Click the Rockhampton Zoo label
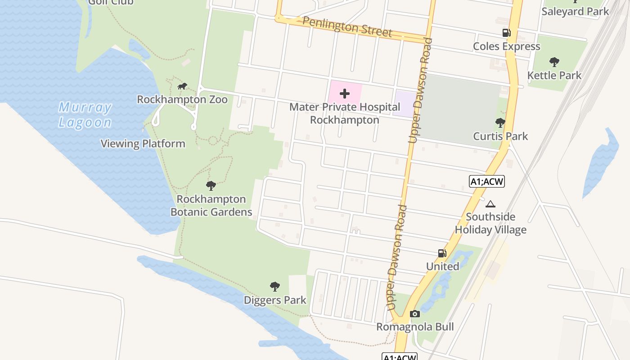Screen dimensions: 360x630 point(182,99)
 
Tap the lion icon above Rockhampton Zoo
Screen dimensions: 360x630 point(182,86)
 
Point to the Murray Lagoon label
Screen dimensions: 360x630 point(85,115)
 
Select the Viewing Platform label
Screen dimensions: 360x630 point(143,144)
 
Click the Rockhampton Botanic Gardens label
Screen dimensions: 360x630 point(211,205)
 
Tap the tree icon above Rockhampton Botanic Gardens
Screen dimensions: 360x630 point(211,185)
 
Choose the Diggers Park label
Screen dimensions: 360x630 point(275,300)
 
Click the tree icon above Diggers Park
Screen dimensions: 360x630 point(274,286)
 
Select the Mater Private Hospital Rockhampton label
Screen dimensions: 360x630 point(345,113)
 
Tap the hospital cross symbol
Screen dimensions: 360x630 point(345,94)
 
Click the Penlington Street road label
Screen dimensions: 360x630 point(347,27)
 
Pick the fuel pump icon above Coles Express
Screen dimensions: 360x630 point(506,33)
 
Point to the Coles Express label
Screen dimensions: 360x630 point(506,46)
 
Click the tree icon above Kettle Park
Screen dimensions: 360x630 point(554,62)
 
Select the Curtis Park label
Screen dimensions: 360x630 point(500,136)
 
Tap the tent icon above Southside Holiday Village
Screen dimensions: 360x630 point(490,204)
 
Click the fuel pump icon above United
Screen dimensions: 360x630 point(442,253)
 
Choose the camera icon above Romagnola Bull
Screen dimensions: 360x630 point(415,314)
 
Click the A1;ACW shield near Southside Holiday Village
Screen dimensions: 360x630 point(487,181)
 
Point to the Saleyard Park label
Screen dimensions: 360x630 point(575,11)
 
